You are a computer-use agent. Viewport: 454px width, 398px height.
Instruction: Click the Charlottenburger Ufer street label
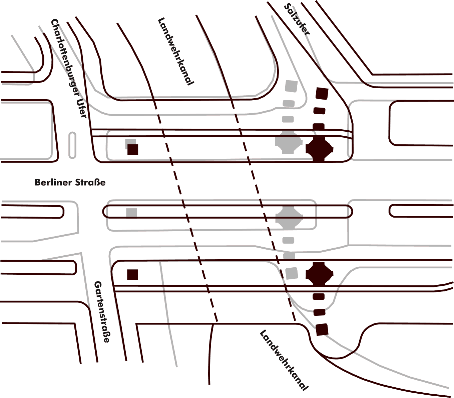coord(69,69)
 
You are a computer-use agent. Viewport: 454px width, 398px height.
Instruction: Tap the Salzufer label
coord(297,19)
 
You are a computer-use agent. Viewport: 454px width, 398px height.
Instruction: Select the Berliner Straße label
coord(70,182)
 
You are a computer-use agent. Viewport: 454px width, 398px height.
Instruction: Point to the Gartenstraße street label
coord(101,311)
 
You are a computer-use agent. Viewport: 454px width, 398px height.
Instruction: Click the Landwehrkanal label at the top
coord(175,51)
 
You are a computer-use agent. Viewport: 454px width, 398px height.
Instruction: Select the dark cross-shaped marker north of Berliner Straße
coord(319,149)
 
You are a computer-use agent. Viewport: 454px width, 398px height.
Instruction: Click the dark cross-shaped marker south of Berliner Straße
coord(320,274)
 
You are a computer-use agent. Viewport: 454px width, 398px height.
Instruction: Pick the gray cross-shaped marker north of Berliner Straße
coord(289,142)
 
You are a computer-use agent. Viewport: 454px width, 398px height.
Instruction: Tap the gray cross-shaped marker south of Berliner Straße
coord(289,217)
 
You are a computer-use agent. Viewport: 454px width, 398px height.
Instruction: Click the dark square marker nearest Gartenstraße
coord(132,275)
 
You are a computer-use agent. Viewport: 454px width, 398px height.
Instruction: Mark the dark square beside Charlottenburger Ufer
coord(133,149)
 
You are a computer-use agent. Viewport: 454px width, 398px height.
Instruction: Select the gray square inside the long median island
coord(132,213)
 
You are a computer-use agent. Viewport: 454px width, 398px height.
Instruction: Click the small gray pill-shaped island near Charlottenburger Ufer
coord(72,145)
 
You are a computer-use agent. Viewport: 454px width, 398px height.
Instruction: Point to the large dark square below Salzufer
coord(322,94)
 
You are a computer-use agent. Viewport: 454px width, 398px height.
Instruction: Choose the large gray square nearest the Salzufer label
coord(291,86)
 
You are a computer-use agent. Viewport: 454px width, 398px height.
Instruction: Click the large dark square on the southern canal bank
coord(322,329)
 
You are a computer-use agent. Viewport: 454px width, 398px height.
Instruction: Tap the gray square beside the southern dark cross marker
coord(292,273)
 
